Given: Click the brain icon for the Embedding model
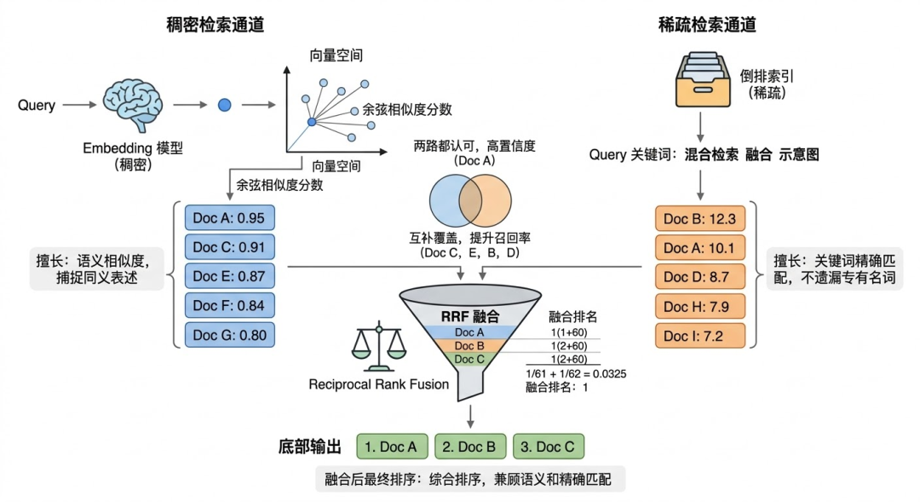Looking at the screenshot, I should click(x=132, y=105).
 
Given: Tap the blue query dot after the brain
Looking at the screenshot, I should click(x=224, y=105).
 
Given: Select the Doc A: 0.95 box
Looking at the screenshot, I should click(x=229, y=218).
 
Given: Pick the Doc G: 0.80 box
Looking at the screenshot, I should click(x=229, y=335).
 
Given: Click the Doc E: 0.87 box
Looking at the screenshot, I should click(x=229, y=276).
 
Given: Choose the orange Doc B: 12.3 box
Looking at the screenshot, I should click(x=699, y=219).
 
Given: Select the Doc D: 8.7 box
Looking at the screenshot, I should click(x=699, y=276).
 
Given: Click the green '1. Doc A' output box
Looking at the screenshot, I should click(x=391, y=447).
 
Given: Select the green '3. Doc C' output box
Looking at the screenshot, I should click(x=548, y=447).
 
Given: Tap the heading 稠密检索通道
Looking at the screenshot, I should click(x=215, y=25).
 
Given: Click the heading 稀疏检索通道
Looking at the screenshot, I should click(x=707, y=25).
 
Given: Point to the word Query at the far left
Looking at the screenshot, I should click(x=37, y=106).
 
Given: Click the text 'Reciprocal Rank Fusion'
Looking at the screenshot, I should click(x=379, y=384).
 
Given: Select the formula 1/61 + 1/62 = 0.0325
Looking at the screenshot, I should click(x=578, y=373).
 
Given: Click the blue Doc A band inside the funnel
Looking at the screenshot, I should click(x=469, y=332).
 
